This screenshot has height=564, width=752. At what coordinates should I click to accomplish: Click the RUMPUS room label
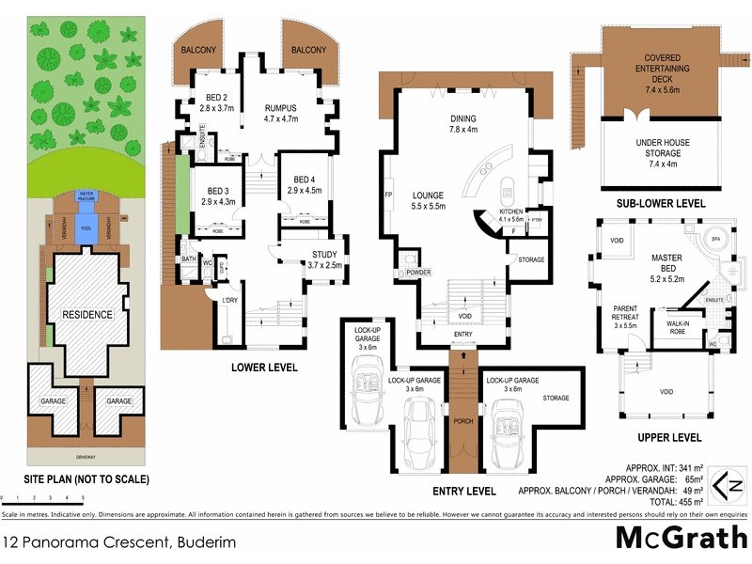coord(280,113)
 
